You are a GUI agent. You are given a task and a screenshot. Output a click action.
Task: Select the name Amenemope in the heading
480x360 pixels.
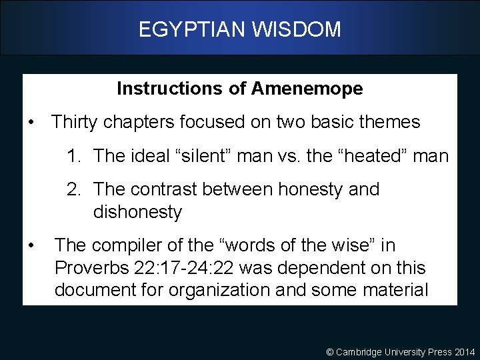[307, 89]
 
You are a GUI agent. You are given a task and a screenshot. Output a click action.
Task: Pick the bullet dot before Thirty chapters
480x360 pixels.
[31, 123]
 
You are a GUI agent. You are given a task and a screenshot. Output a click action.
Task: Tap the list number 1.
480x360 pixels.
[73, 156]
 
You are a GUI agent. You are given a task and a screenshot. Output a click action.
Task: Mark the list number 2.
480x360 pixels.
[73, 189]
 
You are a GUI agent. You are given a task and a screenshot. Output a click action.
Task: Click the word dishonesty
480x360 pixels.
[137, 212]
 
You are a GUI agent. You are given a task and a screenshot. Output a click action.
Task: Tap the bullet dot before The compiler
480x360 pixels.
[31, 246]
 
